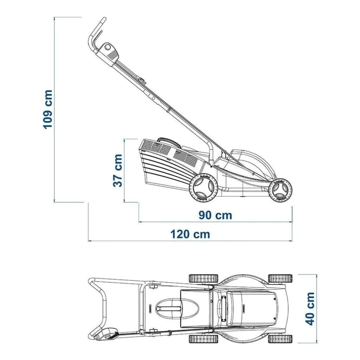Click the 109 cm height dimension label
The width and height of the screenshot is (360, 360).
(48, 109)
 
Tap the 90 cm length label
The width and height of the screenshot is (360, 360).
(216, 216)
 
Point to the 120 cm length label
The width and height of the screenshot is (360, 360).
(190, 234)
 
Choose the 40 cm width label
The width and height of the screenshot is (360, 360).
(310, 309)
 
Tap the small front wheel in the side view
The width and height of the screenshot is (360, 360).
(280, 190)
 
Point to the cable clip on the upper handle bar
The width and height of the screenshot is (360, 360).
(142, 81)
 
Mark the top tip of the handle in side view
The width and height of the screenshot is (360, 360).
(104, 18)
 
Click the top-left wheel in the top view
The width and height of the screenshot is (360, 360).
(204, 278)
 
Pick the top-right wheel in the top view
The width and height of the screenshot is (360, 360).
(280, 278)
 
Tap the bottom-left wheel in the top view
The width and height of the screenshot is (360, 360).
(204, 339)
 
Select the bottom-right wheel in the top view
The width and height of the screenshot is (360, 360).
(280, 339)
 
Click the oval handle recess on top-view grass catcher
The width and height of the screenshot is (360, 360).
(176, 308)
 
